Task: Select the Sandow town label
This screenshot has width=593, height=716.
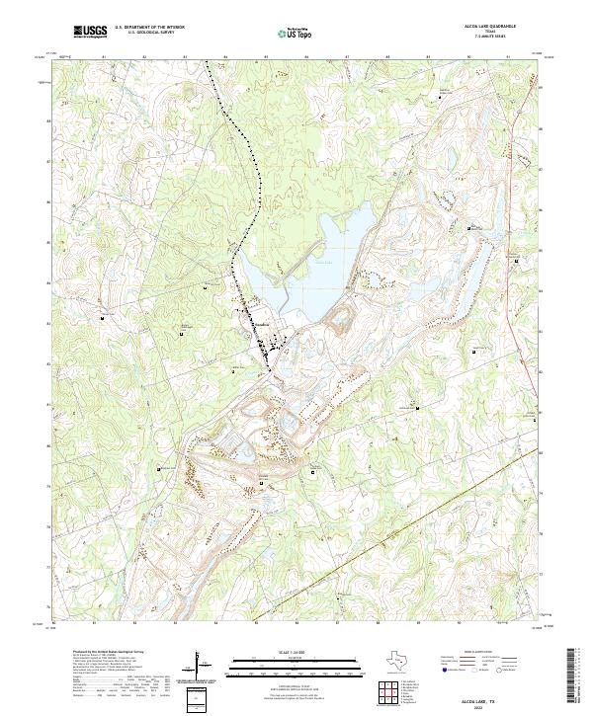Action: (260, 325)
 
